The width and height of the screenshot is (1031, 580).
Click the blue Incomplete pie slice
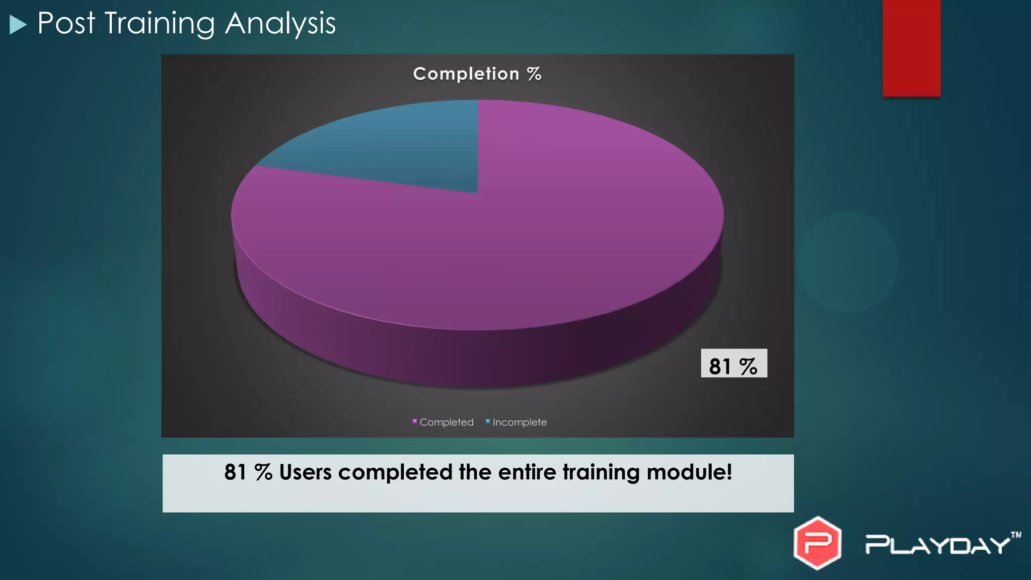pyautogui.click(x=393, y=146)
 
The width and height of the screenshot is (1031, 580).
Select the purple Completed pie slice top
pyautogui.click(x=503, y=242)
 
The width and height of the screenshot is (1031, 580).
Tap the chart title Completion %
pyautogui.click(x=477, y=74)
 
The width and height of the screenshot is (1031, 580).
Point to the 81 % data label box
pyautogui.click(x=733, y=364)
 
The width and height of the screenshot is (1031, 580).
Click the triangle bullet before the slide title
pyautogui.click(x=18, y=25)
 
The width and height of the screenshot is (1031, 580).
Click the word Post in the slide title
pyautogui.click(x=66, y=23)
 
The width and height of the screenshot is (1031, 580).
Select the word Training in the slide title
pyautogui.click(x=160, y=24)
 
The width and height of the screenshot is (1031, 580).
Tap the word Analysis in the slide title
pyautogui.click(x=280, y=23)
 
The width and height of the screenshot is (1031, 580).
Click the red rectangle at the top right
pyautogui.click(x=911, y=48)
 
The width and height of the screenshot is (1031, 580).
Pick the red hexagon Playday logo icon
pyautogui.click(x=817, y=543)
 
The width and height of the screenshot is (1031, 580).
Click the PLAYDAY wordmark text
pyautogui.click(x=937, y=545)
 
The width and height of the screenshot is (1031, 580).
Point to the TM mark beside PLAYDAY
pyautogui.click(x=1016, y=535)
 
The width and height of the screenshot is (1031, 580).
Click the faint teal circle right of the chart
pyautogui.click(x=848, y=261)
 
